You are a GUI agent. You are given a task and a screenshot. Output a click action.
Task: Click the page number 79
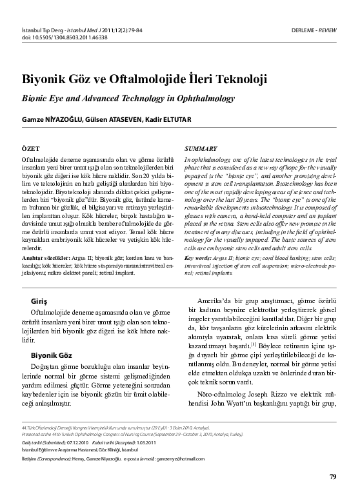(x=332, y=477)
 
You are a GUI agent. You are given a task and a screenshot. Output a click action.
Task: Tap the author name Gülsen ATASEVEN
(x=113, y=120)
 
